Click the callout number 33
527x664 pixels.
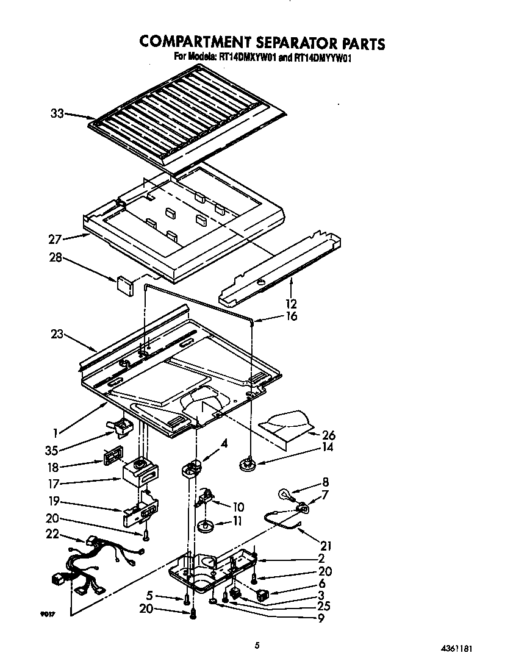point(57,113)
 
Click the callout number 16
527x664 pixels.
point(292,316)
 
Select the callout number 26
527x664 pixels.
point(329,435)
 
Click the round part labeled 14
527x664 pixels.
point(248,465)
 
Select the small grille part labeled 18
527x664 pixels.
point(112,456)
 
